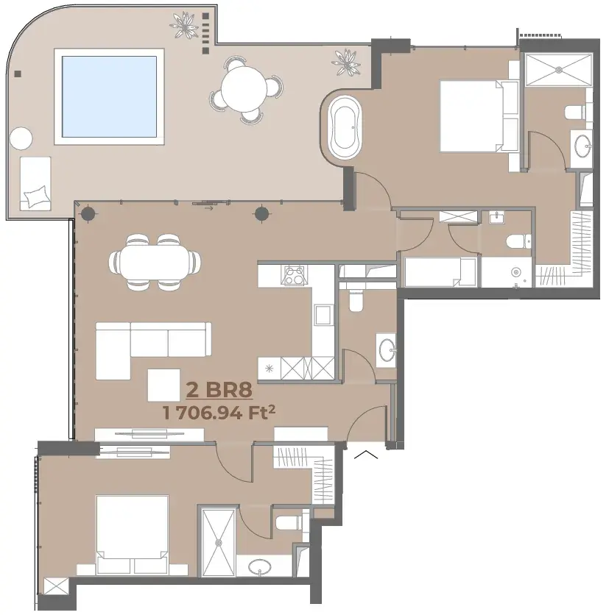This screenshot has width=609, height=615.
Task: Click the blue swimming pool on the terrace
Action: click(109, 96)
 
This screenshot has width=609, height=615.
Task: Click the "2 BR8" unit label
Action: click(219, 390)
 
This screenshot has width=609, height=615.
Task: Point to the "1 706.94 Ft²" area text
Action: click(219, 413)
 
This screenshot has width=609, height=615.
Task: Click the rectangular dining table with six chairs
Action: click(155, 263)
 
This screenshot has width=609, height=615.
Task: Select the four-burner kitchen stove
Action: click(294, 275)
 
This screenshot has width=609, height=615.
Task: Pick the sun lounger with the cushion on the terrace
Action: click(35, 184)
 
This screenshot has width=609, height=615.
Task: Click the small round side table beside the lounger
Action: click(21, 138)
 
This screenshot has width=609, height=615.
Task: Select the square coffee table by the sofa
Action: click(163, 385)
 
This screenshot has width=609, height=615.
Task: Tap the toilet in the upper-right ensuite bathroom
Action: click(575, 112)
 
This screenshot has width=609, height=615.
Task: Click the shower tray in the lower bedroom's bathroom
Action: click(219, 542)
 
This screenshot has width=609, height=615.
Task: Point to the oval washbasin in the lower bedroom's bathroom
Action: click(259, 566)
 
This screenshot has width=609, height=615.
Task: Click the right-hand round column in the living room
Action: click(262, 214)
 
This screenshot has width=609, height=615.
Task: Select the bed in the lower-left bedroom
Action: click(133, 535)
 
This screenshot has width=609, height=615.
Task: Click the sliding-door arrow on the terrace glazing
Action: click(209, 208)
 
